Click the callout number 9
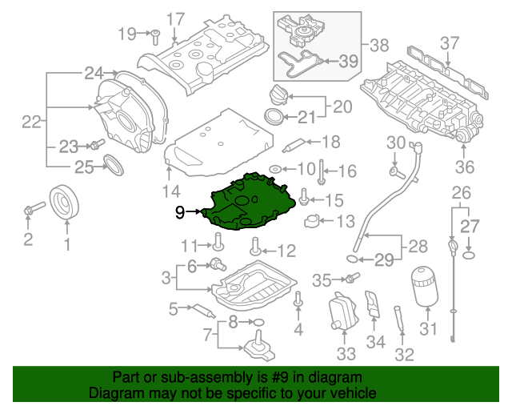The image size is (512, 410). [180, 212]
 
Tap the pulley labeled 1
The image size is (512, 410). [63, 203]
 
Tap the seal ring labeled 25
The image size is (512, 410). [115, 167]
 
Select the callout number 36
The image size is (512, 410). [465, 167]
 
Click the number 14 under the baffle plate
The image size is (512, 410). [171, 191]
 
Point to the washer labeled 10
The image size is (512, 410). [274, 170]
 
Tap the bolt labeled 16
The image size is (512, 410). [321, 170]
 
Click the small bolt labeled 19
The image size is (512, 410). [157, 34]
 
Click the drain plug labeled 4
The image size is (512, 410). [298, 301]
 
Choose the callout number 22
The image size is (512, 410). [31, 123]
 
